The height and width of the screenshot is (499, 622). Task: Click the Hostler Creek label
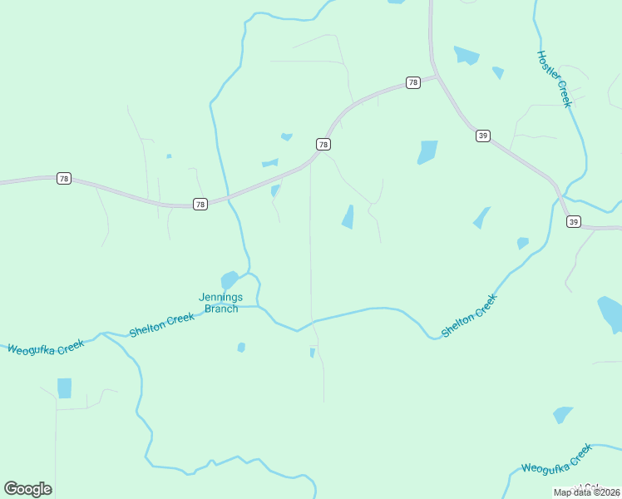[554, 79]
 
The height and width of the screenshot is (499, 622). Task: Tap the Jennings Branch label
[219, 303]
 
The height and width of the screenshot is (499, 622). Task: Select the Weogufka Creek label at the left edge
[46, 346]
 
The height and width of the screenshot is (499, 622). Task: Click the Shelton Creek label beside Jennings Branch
[161, 324]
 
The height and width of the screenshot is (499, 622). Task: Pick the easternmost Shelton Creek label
[469, 315]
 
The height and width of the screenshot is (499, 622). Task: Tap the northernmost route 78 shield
[413, 82]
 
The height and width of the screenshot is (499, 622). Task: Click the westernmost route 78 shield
[64, 178]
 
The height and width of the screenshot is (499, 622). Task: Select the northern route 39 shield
[482, 136]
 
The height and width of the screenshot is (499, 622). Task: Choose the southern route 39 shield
[574, 221]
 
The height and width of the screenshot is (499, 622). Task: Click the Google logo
[27, 489]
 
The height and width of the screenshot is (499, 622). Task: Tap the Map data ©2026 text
[586, 492]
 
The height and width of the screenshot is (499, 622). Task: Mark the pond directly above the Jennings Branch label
[230, 279]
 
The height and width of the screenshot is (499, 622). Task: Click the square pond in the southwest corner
[64, 388]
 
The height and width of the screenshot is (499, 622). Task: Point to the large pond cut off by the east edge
[611, 313]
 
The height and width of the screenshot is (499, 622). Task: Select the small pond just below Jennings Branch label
[241, 347]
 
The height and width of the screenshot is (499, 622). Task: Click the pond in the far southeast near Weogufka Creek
[563, 414]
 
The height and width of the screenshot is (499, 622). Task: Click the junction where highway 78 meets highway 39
[436, 77]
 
